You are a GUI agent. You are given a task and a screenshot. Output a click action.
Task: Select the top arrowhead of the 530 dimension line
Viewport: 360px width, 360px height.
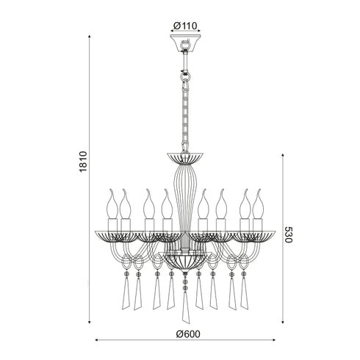(x=283, y=156)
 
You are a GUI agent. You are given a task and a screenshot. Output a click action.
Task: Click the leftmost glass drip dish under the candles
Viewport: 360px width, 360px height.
(x=114, y=236)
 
